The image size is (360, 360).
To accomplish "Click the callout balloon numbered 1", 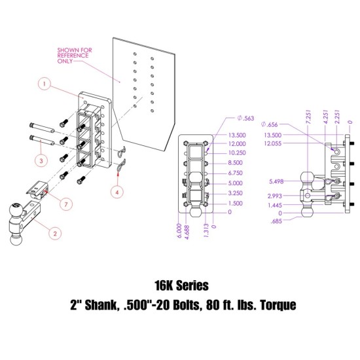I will click(45, 84).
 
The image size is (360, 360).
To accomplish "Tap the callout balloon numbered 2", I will click(55, 232).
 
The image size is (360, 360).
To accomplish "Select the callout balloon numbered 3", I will click(41, 159).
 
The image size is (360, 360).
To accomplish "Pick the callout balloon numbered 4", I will click(117, 192).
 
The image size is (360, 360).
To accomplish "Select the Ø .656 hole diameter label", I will click(270, 124).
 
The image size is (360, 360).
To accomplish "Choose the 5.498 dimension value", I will click(275, 181).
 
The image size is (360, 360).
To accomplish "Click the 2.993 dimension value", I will click(275, 196).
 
